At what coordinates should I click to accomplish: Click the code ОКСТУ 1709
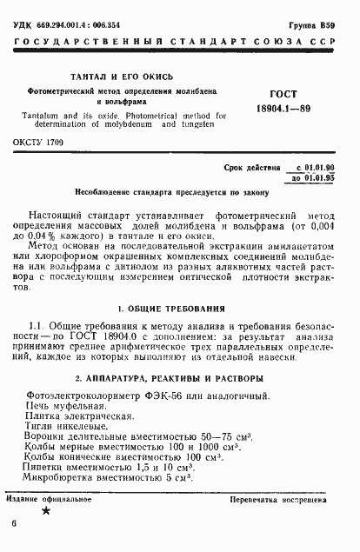pos(38,141)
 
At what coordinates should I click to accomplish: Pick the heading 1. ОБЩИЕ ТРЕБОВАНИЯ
pos(175,309)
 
